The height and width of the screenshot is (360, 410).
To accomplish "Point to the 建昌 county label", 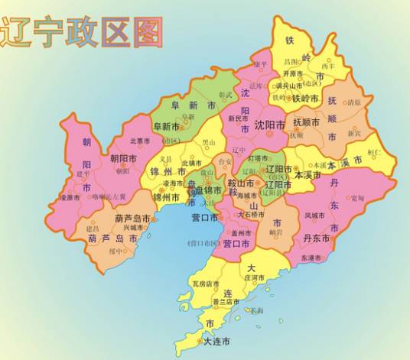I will pos(92,229).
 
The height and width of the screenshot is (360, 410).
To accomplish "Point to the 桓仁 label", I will pos(374,152).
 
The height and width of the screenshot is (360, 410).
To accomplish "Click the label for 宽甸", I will pos(357,199).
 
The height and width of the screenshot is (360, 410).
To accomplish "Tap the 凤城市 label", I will pos(314,216).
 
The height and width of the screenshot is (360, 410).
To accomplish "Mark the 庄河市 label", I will pos(253,277).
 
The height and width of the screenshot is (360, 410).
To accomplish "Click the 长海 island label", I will pos(257,310).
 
